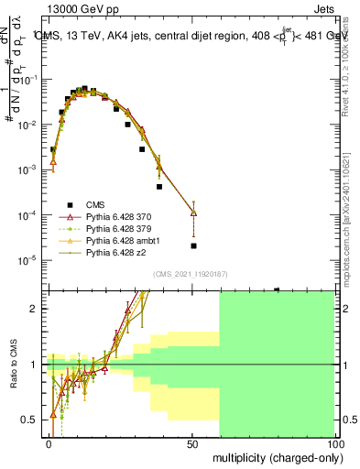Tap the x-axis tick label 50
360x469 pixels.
coord(192,443)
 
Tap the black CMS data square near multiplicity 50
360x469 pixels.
coord(193,245)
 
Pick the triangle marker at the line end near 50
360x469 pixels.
coord(193,213)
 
